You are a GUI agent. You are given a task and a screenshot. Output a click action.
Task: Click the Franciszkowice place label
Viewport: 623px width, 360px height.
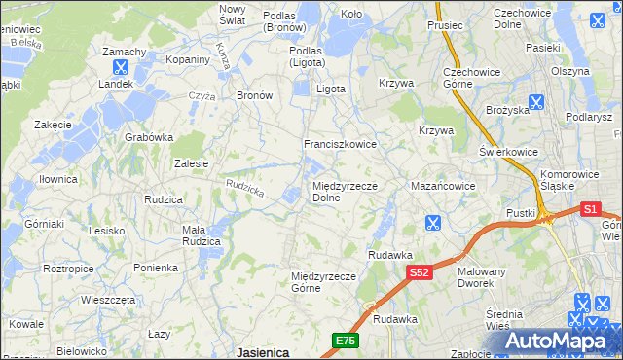340,144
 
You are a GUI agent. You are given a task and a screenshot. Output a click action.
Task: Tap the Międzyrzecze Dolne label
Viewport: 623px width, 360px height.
345,192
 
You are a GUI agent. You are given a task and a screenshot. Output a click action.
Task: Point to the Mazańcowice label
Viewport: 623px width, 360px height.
442,185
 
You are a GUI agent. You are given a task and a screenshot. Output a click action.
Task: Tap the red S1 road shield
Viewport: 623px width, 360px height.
591,208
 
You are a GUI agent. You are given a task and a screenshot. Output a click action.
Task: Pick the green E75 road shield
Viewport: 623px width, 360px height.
345,341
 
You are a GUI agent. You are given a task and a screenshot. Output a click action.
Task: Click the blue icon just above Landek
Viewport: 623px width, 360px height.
120,68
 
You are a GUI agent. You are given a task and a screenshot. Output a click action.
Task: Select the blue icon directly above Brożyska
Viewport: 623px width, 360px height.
535,100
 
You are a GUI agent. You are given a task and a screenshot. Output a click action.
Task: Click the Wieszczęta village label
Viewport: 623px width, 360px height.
108,300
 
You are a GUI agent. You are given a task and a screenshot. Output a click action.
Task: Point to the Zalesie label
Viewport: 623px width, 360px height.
191,163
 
